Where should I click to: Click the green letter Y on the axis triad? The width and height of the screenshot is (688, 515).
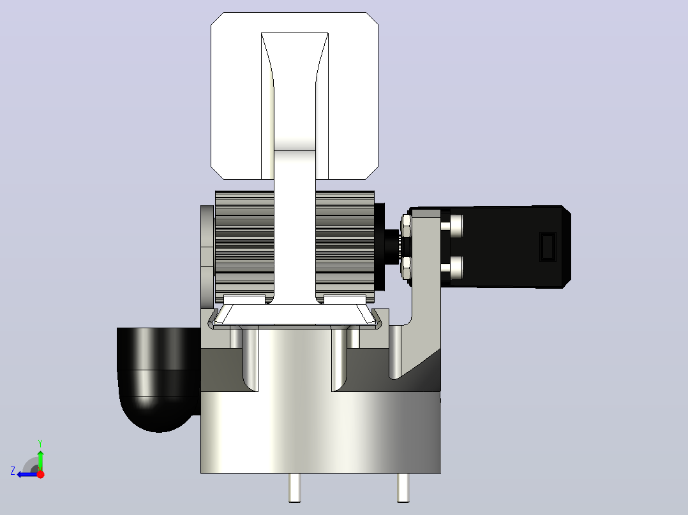[40, 443]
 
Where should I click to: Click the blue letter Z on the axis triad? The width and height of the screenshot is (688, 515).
[13, 471]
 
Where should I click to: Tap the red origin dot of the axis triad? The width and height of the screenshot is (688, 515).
[40, 474]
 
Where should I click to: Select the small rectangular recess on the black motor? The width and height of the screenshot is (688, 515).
[548, 247]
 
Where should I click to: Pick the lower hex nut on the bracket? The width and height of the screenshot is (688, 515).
[406, 267]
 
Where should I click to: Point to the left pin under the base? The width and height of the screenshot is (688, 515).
[295, 488]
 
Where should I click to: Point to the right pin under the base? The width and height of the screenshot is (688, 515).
[403, 488]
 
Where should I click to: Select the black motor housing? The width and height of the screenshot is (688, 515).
[509, 247]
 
